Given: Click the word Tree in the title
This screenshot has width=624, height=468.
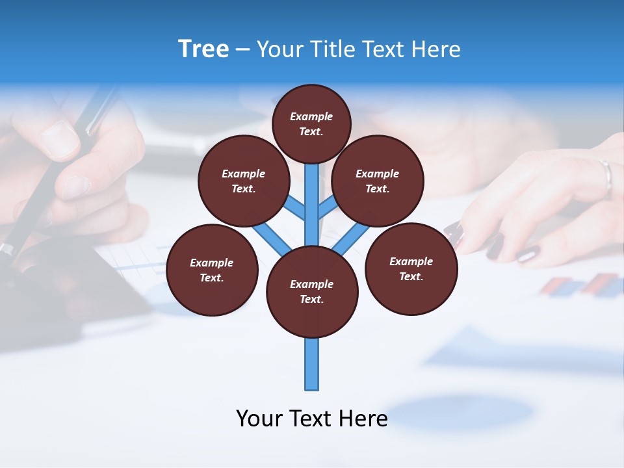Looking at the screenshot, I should point(203,49).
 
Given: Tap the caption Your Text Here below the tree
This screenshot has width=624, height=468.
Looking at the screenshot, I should point(311,418).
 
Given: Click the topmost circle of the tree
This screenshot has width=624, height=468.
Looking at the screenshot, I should point(311,123).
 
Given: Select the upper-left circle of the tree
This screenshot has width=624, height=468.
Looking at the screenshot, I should point(244,181).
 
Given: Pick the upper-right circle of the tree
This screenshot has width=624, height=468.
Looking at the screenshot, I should point(378,181).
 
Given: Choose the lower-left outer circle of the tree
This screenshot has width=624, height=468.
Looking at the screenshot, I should point(212,270).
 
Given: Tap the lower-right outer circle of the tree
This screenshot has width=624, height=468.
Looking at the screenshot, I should point(411,268).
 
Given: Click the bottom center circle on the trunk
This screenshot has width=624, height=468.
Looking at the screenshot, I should point(312,292).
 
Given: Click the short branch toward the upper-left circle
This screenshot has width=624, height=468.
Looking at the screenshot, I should point(296,209).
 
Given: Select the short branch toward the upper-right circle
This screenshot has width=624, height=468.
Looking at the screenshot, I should point(327,209).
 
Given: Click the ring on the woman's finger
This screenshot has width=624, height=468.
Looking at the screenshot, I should point(606,177).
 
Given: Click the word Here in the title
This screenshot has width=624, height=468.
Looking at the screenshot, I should point(437,49).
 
